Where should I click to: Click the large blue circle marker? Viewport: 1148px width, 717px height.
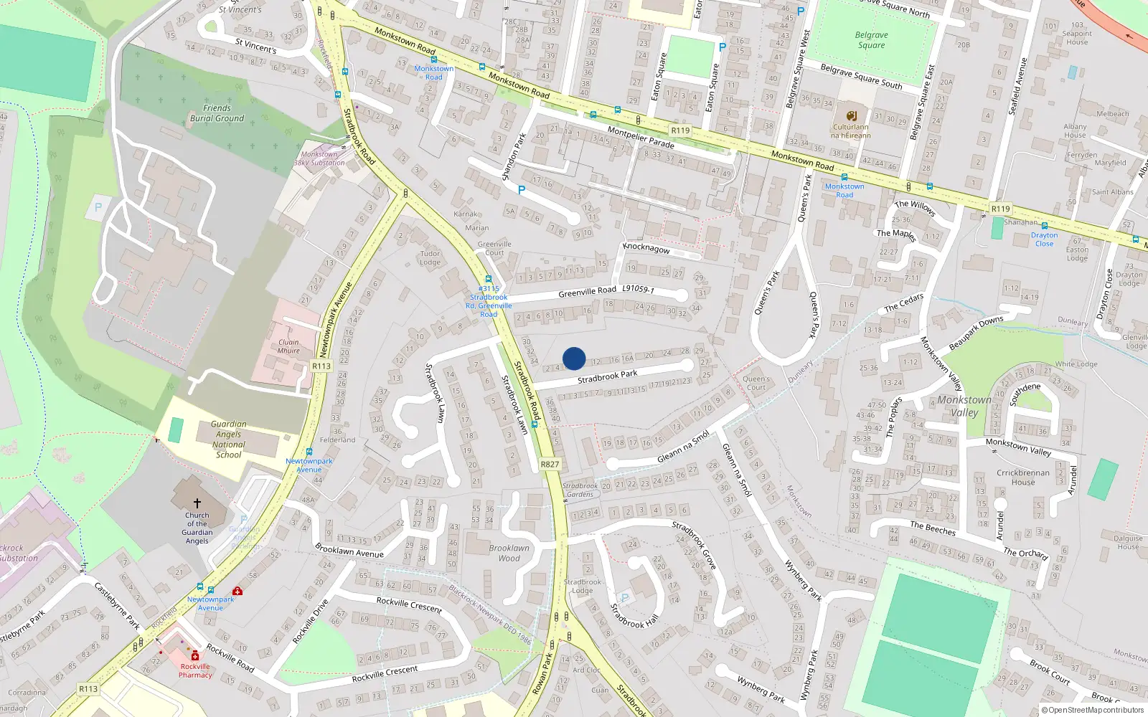click(574, 358)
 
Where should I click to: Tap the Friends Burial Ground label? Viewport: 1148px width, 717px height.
click(217, 113)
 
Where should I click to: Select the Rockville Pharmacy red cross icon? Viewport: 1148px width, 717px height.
click(194, 655)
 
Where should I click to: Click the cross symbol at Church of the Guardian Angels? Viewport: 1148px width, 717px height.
click(197, 503)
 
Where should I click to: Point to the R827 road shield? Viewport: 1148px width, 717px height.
click(550, 465)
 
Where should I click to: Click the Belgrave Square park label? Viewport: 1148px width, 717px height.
click(871, 40)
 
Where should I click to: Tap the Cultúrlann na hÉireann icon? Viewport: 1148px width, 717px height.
click(852, 116)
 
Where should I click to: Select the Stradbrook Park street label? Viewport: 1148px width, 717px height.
click(607, 376)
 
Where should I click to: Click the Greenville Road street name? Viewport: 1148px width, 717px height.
click(587, 292)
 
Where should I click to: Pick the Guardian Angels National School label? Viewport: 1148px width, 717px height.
click(228, 440)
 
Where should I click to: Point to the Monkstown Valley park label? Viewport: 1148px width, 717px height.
click(964, 406)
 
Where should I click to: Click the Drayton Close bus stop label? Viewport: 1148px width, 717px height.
click(1044, 239)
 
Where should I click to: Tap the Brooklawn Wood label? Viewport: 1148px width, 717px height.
click(509, 553)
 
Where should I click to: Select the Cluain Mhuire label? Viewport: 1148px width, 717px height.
click(288, 346)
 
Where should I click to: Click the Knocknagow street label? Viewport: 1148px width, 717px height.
click(646, 248)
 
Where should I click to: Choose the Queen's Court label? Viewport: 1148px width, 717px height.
click(756, 383)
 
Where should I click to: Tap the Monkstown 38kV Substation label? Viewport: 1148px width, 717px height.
click(319, 158)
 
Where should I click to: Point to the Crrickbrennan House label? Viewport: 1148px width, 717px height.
click(1022, 478)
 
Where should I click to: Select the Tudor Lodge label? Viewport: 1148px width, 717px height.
click(430, 257)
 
